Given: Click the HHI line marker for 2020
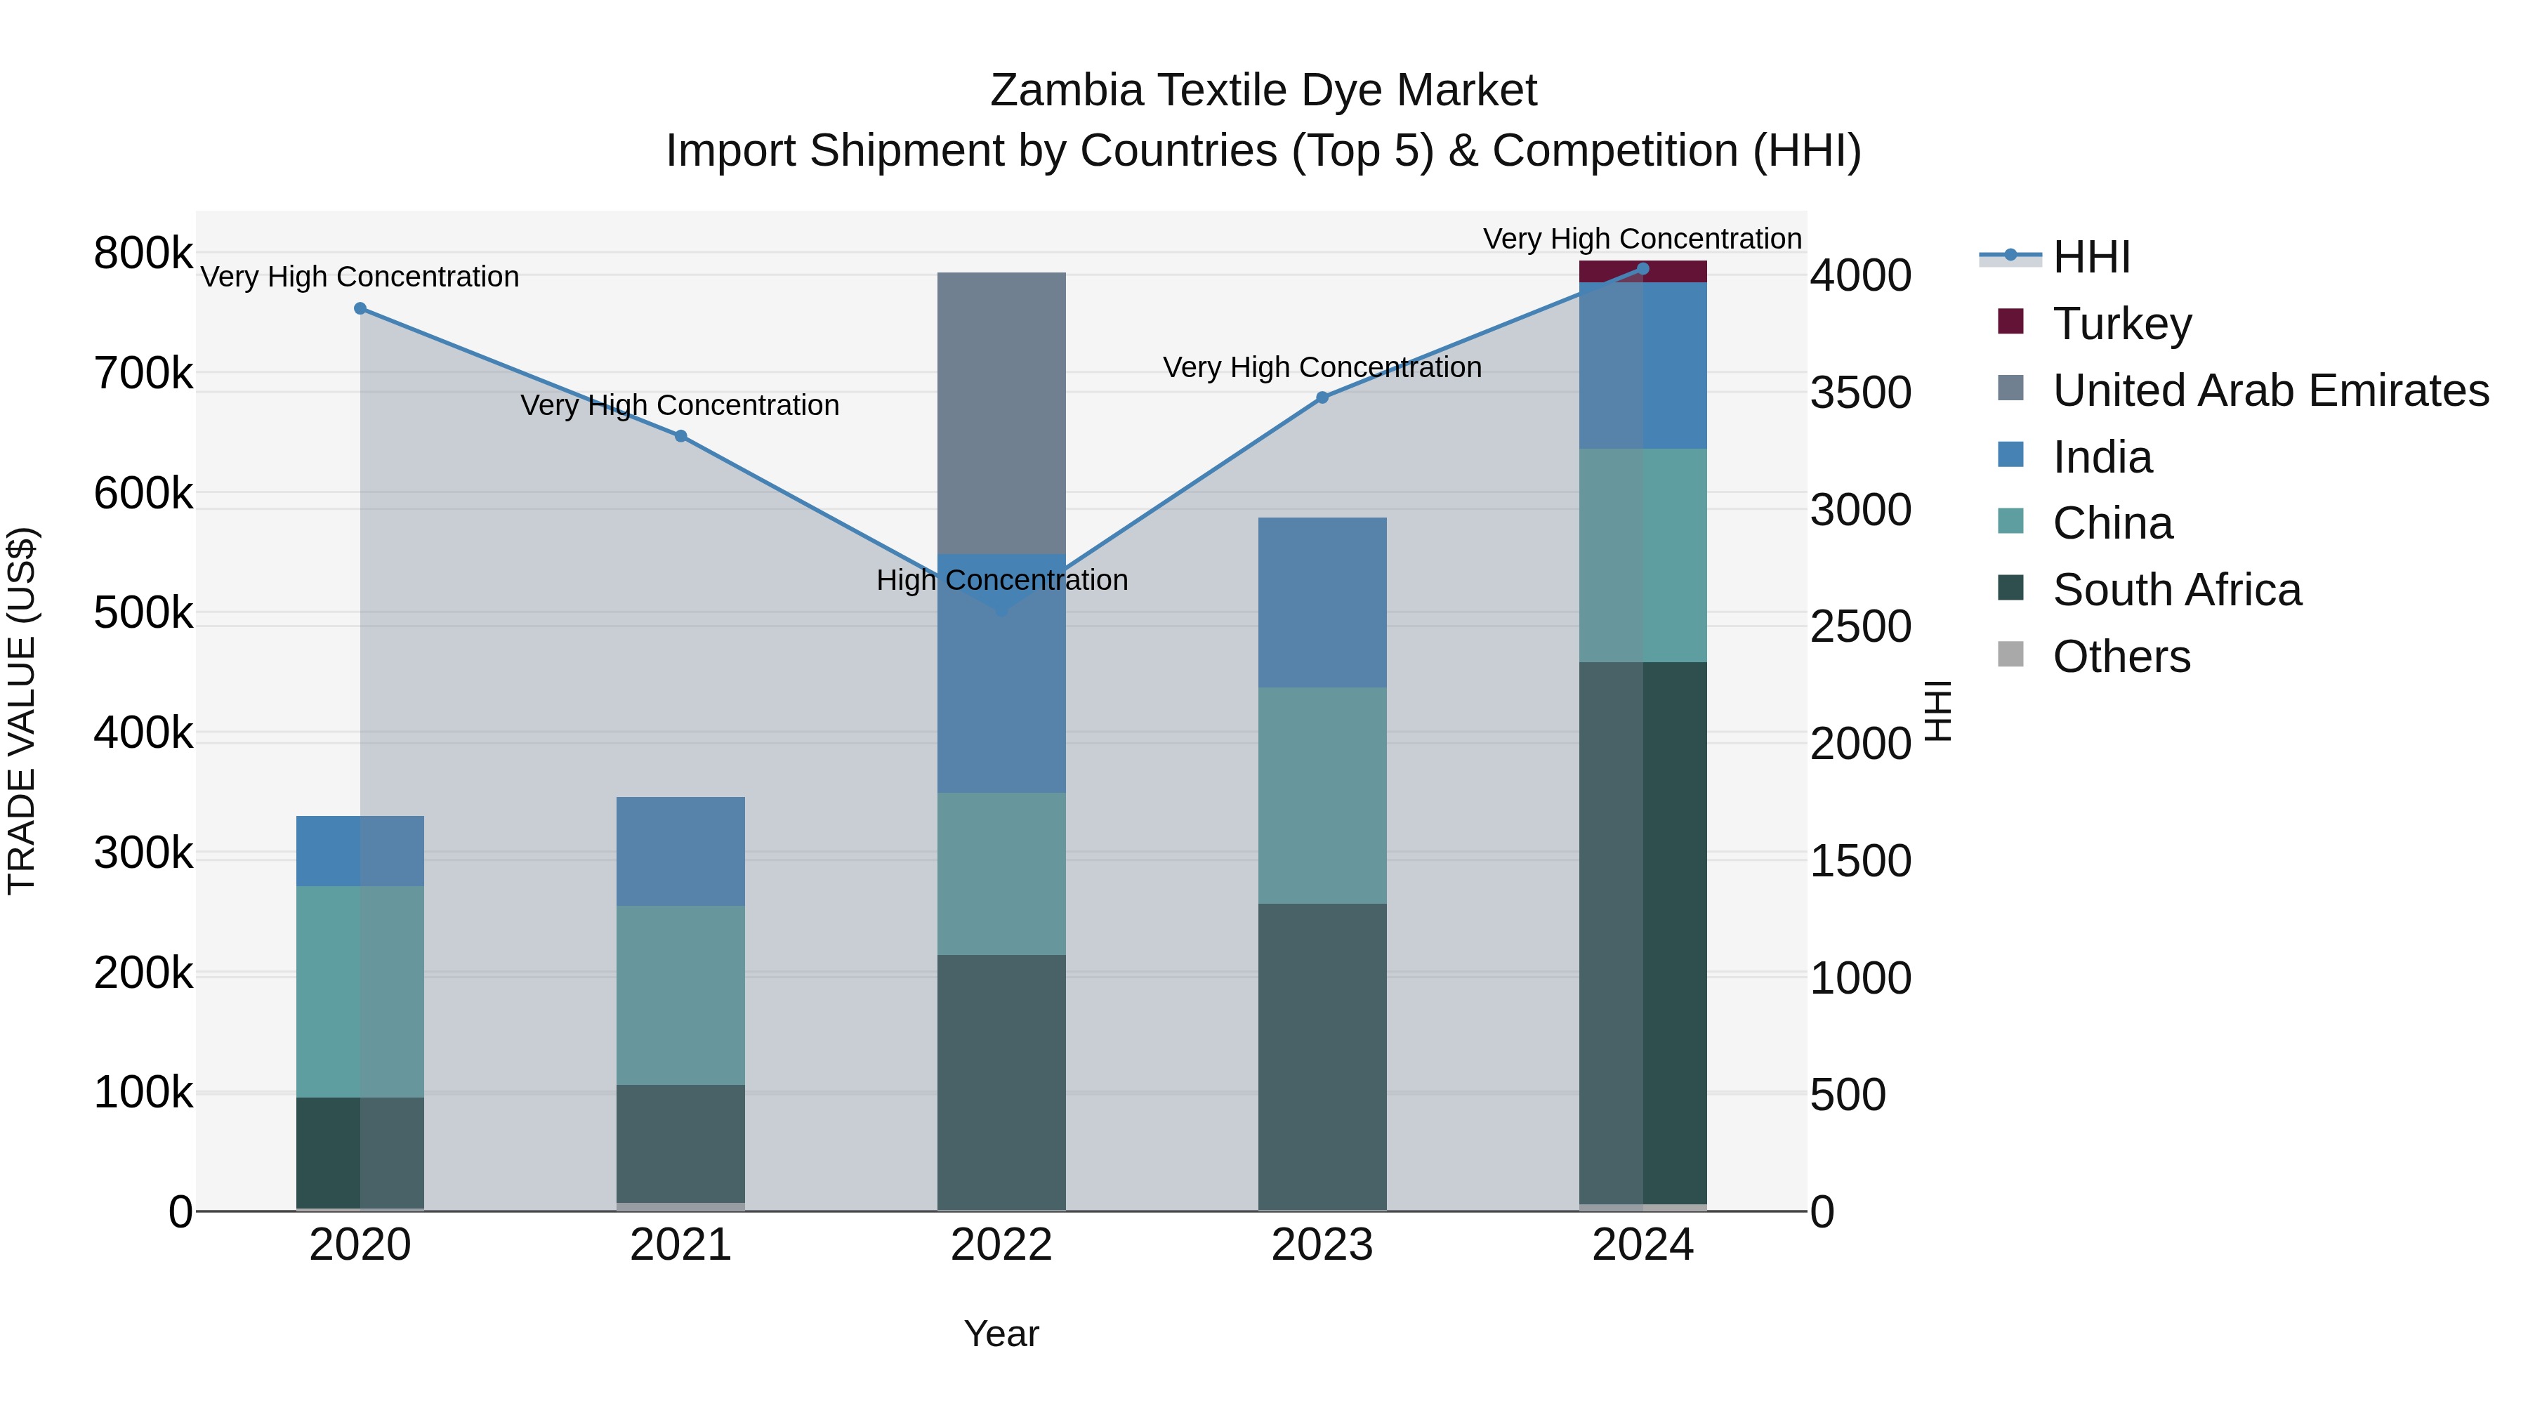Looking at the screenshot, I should [x=360, y=309].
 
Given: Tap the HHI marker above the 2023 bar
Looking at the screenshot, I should [x=1322, y=397].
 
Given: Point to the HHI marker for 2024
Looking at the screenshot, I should [x=1642, y=269].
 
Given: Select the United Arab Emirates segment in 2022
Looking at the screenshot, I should [x=1001, y=412].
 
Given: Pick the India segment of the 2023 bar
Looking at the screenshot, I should [x=1322, y=603].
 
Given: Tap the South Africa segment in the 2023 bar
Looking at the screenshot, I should [x=1322, y=1056].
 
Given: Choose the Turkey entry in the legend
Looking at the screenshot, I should [x=2121, y=324].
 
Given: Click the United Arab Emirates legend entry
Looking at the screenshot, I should [x=2270, y=390].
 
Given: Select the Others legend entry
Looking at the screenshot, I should [x=2121, y=657].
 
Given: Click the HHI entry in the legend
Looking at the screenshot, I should [x=2091, y=257].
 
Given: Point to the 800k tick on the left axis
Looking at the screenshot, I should [x=143, y=254].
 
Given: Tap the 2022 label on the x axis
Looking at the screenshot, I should [x=1001, y=1245].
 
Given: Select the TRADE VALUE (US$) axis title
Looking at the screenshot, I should [x=22, y=711].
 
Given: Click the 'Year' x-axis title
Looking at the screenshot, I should [x=1001, y=1334].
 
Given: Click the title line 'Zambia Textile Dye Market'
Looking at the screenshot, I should [x=1263, y=91].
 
